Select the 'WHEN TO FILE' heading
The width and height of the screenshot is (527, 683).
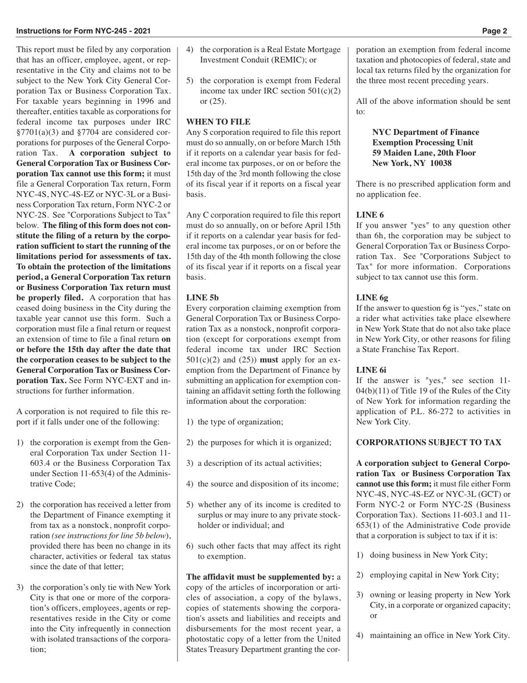[x=218, y=122]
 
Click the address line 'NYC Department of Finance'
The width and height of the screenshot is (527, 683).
[x=425, y=132]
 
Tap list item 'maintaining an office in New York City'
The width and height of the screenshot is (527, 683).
[x=439, y=635]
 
